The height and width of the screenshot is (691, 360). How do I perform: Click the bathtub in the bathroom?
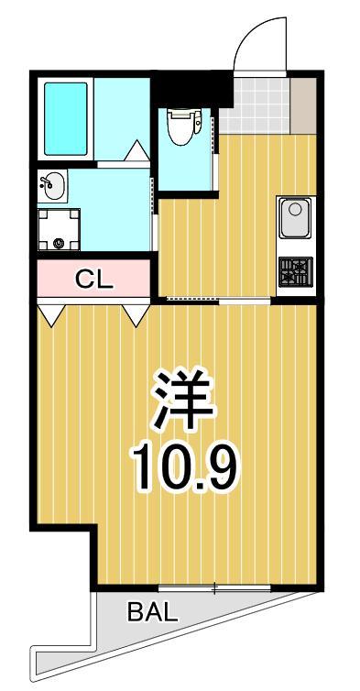(x=66, y=119)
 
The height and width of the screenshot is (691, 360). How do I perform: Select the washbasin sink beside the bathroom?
(x=53, y=186)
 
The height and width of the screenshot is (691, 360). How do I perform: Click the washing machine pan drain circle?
(x=60, y=244)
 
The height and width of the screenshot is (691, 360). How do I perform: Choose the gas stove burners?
(x=295, y=270)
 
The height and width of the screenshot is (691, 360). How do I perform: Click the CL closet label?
(x=93, y=280)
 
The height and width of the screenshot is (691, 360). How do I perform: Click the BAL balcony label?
(x=152, y=613)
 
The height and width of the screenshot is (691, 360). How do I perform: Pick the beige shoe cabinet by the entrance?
(x=303, y=105)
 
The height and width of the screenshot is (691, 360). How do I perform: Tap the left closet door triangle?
(x=51, y=315)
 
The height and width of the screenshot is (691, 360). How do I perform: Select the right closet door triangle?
(x=136, y=315)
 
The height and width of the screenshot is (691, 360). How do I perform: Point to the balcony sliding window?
(x=213, y=587)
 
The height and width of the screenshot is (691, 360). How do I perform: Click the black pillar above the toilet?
(x=190, y=92)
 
